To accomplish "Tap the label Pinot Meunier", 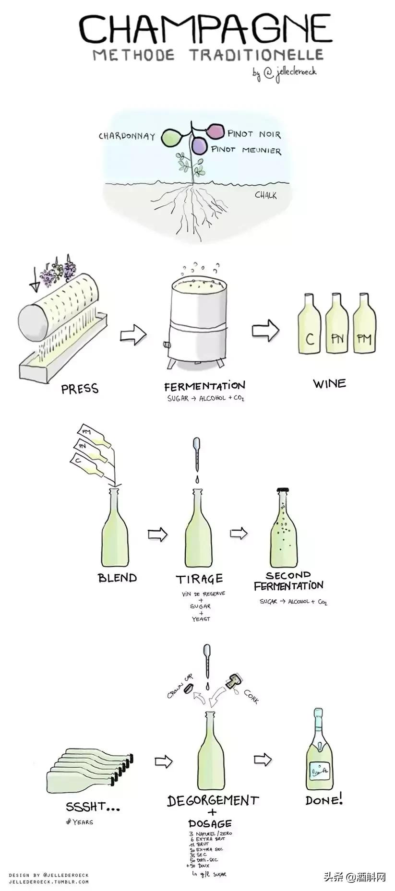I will [x=246, y=150].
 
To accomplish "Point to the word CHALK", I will [x=265, y=195].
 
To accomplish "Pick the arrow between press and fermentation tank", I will [x=133, y=334].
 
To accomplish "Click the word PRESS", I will [x=80, y=388].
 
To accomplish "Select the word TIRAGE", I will [x=200, y=579].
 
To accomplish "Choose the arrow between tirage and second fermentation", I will [x=239, y=533].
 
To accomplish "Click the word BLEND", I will [x=117, y=578].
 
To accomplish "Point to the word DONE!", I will [x=324, y=800].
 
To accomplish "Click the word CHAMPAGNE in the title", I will [x=205, y=30].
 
